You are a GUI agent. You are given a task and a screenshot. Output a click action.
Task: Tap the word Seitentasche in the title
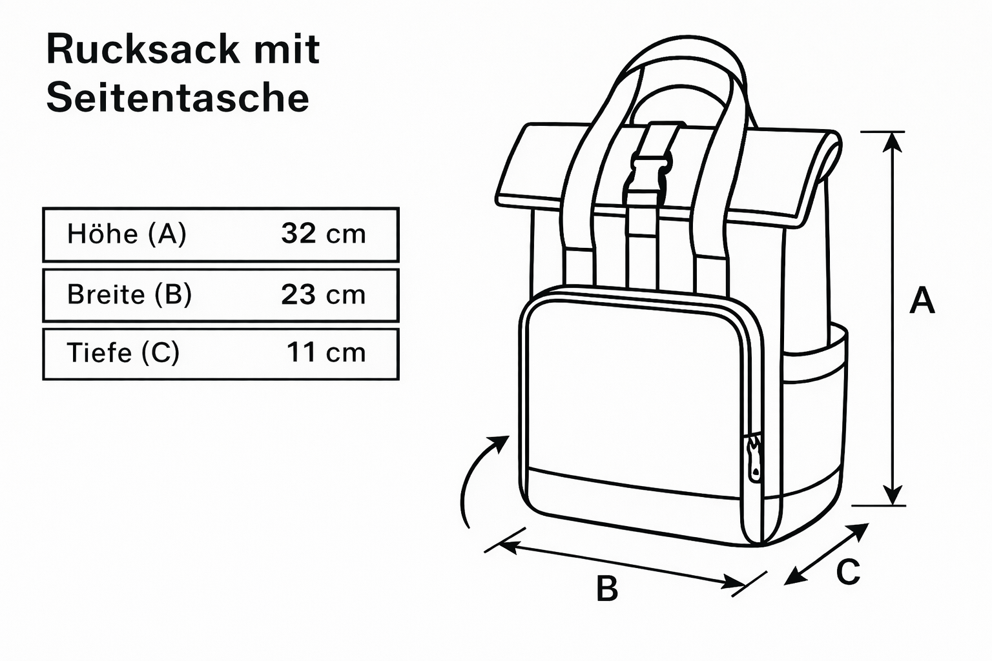click(178, 98)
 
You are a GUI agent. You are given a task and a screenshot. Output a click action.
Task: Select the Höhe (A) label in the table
click(127, 234)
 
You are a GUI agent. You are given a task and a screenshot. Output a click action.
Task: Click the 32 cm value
click(323, 234)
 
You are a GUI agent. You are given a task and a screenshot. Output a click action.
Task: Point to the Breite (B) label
click(129, 294)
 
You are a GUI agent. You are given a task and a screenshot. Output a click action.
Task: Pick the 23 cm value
click(323, 294)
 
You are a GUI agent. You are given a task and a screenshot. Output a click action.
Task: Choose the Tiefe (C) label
click(123, 352)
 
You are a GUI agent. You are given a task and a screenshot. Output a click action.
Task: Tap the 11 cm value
click(325, 352)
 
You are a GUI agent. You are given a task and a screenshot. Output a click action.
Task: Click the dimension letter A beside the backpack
click(922, 300)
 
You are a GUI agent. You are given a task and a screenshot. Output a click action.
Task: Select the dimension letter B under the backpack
click(607, 589)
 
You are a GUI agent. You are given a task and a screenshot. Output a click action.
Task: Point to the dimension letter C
click(848, 572)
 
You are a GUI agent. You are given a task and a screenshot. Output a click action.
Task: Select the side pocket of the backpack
click(815, 413)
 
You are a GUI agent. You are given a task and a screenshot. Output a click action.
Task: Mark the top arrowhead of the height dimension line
click(893, 142)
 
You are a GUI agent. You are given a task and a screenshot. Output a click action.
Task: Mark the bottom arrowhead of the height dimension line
click(893, 496)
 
